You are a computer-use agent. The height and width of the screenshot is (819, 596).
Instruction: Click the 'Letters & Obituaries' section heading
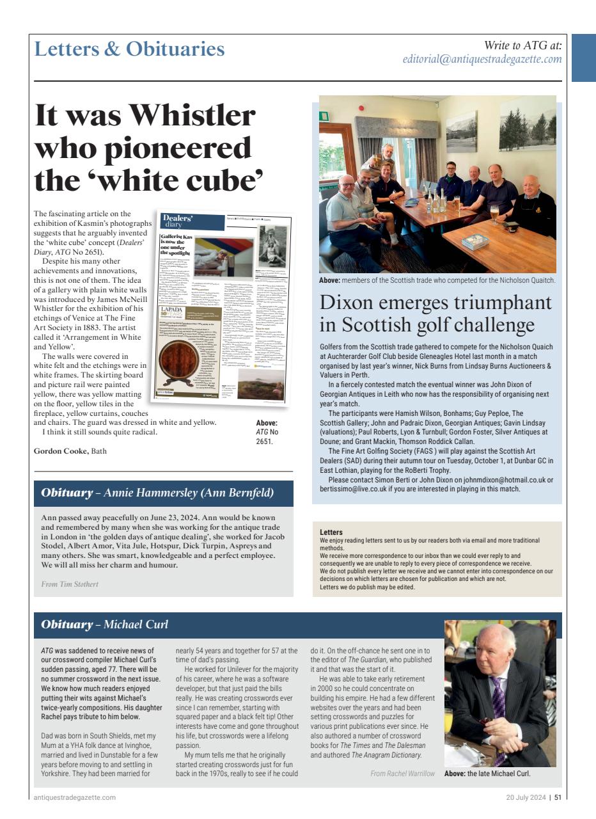coord(129,49)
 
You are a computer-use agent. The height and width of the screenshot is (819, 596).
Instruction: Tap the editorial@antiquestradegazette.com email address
coord(482,60)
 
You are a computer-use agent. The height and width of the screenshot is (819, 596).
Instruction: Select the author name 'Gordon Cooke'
coord(61,451)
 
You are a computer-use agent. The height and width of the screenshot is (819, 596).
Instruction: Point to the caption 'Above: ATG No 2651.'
coord(267,431)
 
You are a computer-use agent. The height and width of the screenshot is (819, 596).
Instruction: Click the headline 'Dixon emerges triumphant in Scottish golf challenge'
coord(435,313)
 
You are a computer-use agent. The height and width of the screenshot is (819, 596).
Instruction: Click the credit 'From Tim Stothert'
coord(70,584)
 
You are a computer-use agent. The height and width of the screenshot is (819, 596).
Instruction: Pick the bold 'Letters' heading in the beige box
coord(331,532)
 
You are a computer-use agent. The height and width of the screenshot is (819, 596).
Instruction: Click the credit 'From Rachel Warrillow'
coord(402,774)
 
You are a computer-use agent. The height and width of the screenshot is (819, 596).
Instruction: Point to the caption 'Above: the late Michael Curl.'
coord(487,774)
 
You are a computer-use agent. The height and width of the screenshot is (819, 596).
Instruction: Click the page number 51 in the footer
coord(558,797)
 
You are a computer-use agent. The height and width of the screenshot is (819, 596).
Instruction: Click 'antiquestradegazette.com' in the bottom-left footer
coord(74,797)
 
